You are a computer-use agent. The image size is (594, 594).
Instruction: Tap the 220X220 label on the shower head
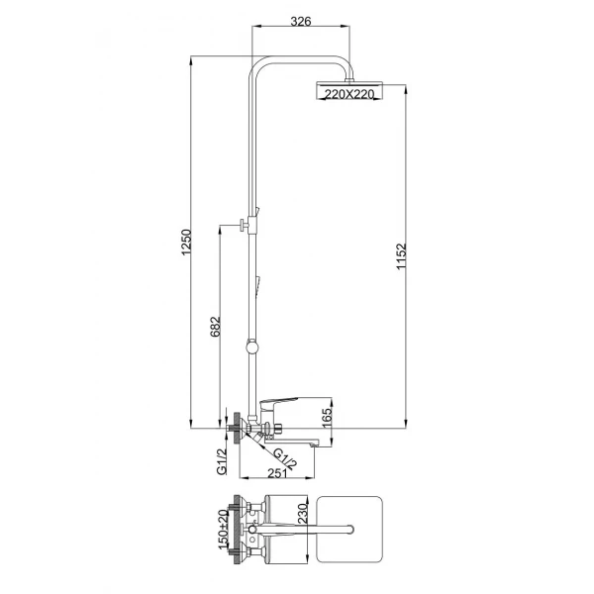[342, 93]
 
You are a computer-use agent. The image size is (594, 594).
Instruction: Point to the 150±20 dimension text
[222, 537]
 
